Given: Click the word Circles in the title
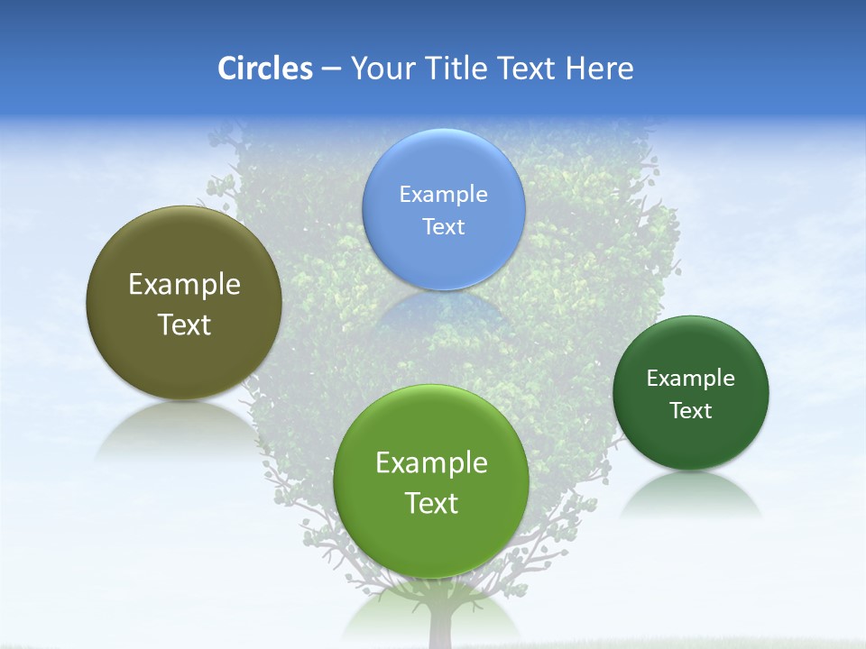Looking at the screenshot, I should (x=265, y=69).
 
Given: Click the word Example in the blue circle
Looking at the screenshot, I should (x=444, y=194).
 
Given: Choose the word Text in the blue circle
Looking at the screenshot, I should (x=444, y=226).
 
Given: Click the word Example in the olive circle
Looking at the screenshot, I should (x=184, y=284).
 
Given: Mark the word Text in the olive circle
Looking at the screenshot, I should (x=184, y=324).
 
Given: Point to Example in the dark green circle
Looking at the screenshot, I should (x=691, y=378).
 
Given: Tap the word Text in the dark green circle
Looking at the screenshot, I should (x=691, y=410).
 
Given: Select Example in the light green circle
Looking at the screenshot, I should (x=431, y=462).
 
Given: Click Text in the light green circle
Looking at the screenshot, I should (x=431, y=502).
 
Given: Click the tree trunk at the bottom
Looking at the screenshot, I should (x=439, y=626).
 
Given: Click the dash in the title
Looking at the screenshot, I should (x=331, y=69).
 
